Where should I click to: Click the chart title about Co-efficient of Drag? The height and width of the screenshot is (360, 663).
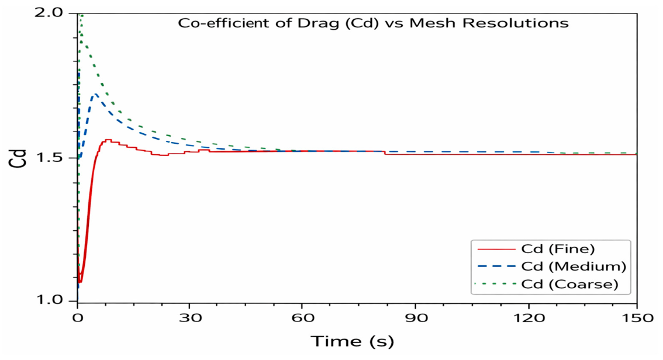click(373, 23)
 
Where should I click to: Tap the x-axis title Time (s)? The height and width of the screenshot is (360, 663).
click(352, 341)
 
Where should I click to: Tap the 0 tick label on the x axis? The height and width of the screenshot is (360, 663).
click(78, 317)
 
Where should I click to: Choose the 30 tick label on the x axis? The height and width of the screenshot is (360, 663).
click(189, 317)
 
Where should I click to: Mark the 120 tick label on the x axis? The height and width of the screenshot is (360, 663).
click(529, 317)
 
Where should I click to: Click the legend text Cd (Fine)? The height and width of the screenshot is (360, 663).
click(558, 249)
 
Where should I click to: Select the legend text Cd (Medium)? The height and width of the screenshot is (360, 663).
click(574, 266)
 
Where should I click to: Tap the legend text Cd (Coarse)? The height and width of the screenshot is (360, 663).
click(569, 284)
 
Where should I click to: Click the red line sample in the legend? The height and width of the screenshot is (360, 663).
click(496, 250)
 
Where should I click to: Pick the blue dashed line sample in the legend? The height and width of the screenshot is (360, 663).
click(496, 266)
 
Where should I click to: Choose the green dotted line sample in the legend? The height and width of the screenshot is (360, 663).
click(496, 284)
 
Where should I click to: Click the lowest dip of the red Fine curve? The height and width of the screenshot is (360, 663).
click(80, 282)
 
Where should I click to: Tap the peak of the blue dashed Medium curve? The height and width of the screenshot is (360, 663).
click(95, 94)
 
